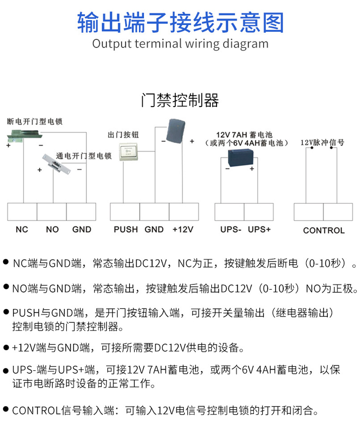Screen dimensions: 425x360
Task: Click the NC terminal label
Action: (x=22, y=230)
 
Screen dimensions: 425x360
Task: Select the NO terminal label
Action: (x=52, y=230)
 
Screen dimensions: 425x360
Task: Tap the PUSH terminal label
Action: (x=126, y=230)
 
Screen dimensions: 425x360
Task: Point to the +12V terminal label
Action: (x=183, y=230)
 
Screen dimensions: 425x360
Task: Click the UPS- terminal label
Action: (x=230, y=230)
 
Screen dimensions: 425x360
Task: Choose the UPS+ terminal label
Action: (x=259, y=230)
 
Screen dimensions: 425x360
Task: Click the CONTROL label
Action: (x=324, y=230)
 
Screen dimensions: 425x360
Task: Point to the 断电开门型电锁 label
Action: (x=35, y=121)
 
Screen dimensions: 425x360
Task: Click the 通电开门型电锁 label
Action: (x=84, y=156)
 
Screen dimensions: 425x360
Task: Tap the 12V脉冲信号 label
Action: (x=323, y=142)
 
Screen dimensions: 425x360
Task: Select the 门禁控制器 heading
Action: (x=180, y=100)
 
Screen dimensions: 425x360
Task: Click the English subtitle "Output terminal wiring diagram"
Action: (x=180, y=44)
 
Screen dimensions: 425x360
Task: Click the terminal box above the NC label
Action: (x=22, y=212)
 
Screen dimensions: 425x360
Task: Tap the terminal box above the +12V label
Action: (x=183, y=212)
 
